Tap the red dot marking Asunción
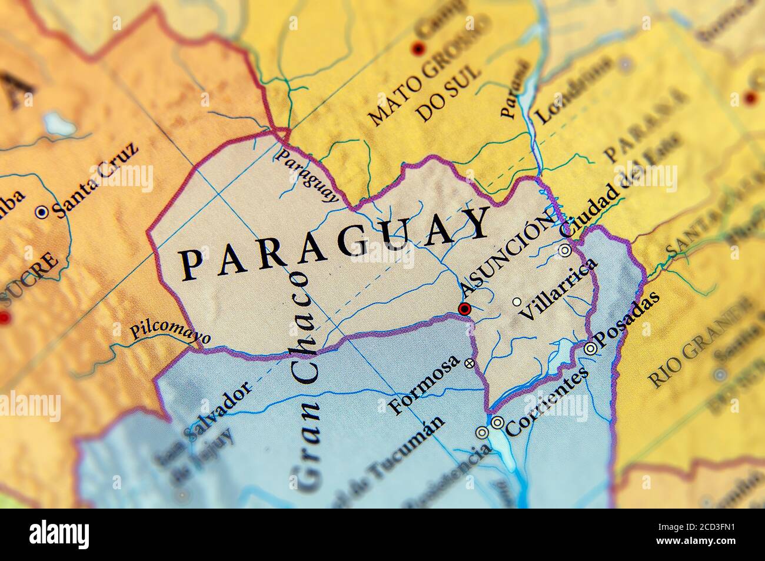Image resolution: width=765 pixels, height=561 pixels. (x=465, y=308)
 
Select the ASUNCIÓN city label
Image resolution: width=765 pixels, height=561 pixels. (x=507, y=254)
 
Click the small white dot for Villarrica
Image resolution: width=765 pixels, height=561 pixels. (x=517, y=302)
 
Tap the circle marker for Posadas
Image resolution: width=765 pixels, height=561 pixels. (x=590, y=348)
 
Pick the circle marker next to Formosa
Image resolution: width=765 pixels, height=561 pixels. (x=469, y=363)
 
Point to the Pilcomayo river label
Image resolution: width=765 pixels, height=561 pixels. (x=170, y=332)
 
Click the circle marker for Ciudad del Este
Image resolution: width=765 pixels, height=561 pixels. (x=565, y=250)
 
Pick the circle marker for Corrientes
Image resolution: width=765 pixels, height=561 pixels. (x=497, y=422)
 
